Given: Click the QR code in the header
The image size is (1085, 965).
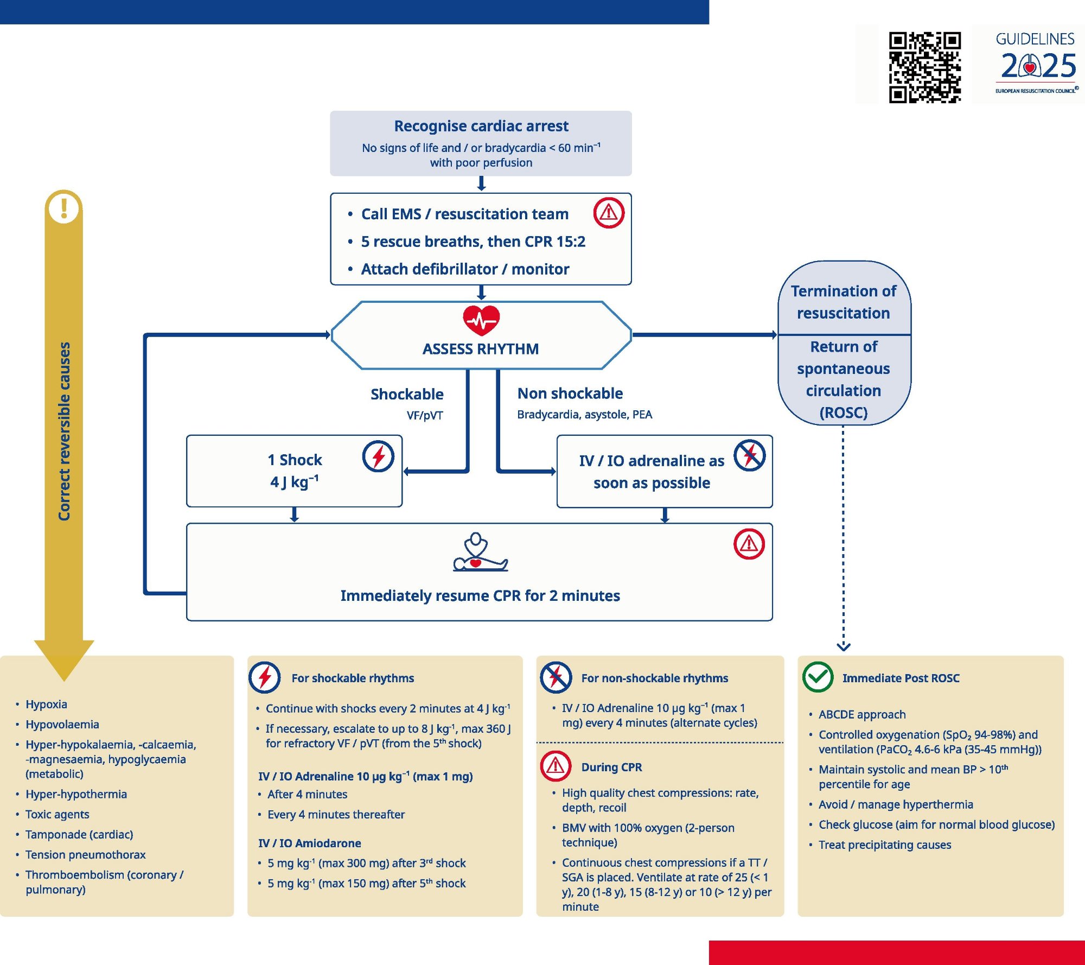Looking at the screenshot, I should [x=924, y=67].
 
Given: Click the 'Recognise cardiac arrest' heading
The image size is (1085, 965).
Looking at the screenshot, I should [x=481, y=126].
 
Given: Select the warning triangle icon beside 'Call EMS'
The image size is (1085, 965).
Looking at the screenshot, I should [x=609, y=213].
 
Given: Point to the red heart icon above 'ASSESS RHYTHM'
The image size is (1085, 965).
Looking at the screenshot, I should [x=481, y=320].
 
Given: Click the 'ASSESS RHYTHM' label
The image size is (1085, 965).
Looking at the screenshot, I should [x=481, y=349].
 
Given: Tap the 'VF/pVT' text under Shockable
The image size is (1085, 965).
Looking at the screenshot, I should [x=425, y=416].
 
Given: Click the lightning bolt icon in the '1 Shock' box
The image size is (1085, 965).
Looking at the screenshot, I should [x=378, y=456].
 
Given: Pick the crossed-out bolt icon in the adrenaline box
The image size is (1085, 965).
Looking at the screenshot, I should [x=750, y=455].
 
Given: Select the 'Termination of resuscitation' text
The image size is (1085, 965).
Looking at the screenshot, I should [x=844, y=302].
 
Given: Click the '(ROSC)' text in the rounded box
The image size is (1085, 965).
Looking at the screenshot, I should [x=844, y=413].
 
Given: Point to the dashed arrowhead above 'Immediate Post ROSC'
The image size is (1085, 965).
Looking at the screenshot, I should [x=844, y=646].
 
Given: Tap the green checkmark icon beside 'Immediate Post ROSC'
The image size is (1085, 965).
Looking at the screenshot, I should [x=818, y=677].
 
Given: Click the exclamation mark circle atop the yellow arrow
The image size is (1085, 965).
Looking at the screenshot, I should [x=64, y=208].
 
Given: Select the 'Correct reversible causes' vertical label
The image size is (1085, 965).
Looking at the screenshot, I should [x=65, y=431].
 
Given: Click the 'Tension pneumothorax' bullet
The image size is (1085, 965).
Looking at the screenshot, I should [x=86, y=855].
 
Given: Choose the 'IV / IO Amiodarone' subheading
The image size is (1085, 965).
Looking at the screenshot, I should [x=310, y=843].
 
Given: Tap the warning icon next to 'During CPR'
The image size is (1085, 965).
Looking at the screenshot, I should [x=556, y=766].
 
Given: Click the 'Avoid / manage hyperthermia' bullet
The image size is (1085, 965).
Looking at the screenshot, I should [x=896, y=804].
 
